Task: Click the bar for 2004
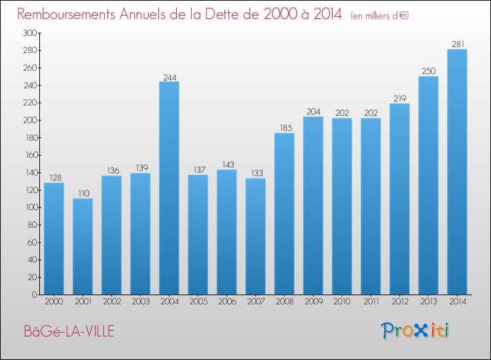(169, 188)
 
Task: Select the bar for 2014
(457, 172)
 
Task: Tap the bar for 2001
(82, 246)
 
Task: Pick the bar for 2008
(284, 213)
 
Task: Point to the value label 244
(169, 77)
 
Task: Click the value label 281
(457, 45)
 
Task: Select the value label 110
(82, 194)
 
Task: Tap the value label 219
(399, 99)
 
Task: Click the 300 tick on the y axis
(29, 33)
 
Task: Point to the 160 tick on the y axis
(29, 155)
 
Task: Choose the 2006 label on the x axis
(227, 302)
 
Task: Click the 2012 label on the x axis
(399, 302)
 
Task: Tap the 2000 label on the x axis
(54, 302)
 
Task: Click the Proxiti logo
(416, 331)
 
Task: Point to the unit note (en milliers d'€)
(380, 15)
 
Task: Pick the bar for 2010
(342, 206)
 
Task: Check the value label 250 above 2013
(428, 71)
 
